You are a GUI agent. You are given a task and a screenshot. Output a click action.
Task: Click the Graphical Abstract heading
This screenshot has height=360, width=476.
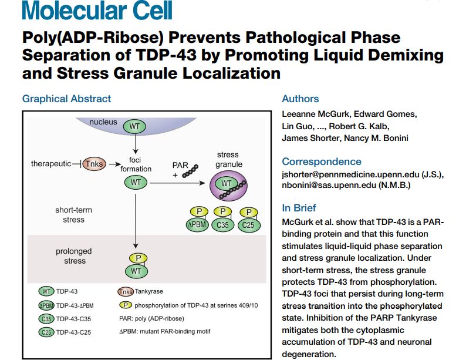click(66, 99)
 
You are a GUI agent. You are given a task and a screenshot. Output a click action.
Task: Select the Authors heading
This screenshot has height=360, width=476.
click(300, 99)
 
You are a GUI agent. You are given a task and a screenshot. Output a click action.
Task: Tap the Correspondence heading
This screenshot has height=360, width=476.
click(321, 162)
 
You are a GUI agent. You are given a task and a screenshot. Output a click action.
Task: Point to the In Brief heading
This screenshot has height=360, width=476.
click(299, 208)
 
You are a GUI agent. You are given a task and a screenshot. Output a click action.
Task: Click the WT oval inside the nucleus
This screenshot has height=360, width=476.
click(135, 126)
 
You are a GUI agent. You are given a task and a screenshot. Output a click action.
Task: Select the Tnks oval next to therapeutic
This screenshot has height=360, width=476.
click(93, 164)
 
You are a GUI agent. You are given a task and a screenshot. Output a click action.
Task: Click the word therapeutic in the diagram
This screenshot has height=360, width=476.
click(51, 164)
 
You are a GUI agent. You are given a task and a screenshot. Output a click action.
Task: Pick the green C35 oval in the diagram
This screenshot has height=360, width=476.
click(223, 223)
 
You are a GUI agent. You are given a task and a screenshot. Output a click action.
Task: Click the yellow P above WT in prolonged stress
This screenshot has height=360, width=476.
click(136, 258)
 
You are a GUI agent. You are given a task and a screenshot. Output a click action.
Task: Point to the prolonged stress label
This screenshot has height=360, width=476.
click(74, 256)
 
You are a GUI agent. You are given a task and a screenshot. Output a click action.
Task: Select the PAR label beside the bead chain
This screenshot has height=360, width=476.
click(180, 166)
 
